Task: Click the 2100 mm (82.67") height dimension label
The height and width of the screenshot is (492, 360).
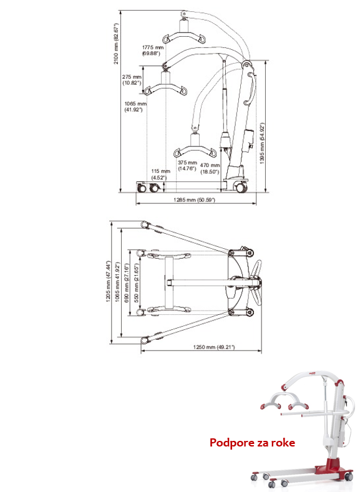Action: pos(117,44)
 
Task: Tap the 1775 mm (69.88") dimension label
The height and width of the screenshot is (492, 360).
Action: pos(153,51)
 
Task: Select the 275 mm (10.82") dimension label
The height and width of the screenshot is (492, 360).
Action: pos(132,80)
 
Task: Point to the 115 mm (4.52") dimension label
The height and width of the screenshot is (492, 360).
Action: pos(160,174)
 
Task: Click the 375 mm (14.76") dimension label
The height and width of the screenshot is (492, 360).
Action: pos(187,165)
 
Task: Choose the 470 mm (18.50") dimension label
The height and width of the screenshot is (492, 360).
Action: pos(210,168)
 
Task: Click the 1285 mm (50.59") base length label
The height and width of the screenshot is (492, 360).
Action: pos(194,200)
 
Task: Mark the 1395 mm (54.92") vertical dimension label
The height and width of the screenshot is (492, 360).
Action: pos(263,143)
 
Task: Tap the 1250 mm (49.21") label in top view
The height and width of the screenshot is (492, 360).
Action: pos(214,347)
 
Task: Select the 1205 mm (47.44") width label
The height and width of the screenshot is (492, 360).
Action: pos(109,281)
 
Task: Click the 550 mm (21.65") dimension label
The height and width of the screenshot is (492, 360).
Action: pos(137,282)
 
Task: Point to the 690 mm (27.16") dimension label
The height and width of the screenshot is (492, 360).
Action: pos(127,282)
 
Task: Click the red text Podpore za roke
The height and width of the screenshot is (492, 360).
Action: pos(252,442)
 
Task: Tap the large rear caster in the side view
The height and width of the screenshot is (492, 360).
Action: pos(241,188)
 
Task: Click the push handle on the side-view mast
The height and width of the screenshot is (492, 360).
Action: pos(250,88)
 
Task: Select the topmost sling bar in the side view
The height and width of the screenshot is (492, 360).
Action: pos(184,34)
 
